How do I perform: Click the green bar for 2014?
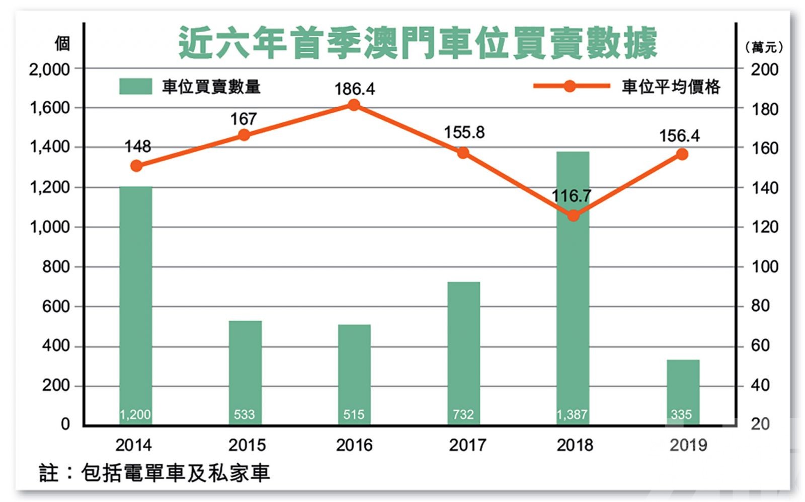[135, 302]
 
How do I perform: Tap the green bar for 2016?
[354, 373]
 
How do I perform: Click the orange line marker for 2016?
[354, 105]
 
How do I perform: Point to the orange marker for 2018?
[573, 216]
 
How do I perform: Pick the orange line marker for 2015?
[244, 135]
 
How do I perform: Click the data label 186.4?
[355, 89]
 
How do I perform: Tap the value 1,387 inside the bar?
[572, 414]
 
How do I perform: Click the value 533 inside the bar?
[244, 414]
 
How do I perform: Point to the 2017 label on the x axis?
[467, 445]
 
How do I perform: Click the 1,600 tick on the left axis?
[49, 108]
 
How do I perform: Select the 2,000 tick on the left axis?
[49, 69]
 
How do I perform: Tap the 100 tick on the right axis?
[764, 266]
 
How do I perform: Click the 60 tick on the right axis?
[760, 345]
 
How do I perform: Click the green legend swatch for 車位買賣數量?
[135, 87]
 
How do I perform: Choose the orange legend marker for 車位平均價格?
[570, 86]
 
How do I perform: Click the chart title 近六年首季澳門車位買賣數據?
[418, 43]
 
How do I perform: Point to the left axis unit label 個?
[62, 44]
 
